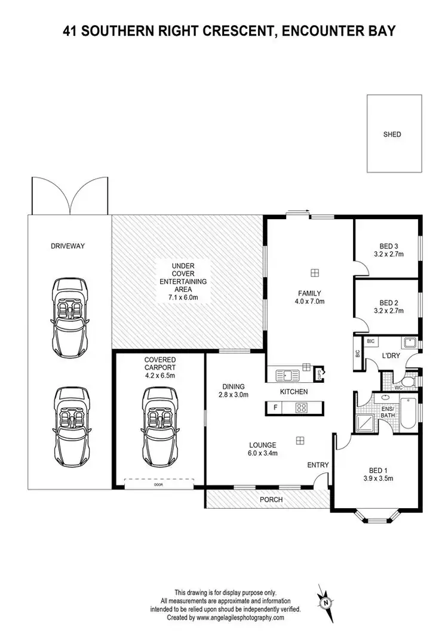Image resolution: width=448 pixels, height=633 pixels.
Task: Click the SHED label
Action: (x=392, y=134)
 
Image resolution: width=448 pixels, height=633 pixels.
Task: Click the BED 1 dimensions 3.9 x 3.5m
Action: (x=377, y=478)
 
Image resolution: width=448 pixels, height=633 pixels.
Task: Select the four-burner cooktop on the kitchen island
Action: (x=302, y=408)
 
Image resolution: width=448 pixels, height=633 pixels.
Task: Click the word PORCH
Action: (x=272, y=500)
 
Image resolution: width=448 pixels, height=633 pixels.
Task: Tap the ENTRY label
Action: (x=317, y=465)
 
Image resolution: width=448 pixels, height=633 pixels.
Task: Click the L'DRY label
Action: (x=391, y=356)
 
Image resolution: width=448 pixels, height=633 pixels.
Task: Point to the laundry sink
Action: (x=409, y=343)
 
